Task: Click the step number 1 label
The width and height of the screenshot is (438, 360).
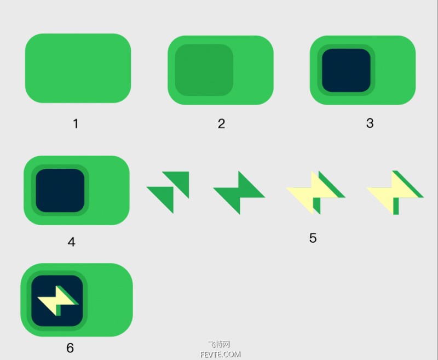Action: click(76, 124)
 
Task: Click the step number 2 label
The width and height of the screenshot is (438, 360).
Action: click(221, 124)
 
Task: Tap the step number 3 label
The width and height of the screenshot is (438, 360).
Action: click(370, 123)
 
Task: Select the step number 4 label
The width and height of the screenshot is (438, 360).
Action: click(72, 242)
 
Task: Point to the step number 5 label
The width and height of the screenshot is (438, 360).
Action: click(313, 238)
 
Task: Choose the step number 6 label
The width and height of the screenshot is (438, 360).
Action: click(70, 348)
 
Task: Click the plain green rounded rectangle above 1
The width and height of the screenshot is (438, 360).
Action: click(78, 68)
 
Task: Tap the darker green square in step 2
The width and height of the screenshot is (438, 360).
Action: click(204, 70)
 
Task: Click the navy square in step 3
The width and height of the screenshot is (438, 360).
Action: click(346, 71)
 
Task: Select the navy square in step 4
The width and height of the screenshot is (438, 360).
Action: click(60, 190)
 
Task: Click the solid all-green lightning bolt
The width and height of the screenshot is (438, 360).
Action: click(239, 193)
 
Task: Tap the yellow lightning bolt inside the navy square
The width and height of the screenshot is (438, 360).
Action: click(57, 301)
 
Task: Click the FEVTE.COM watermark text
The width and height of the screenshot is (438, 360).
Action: click(221, 355)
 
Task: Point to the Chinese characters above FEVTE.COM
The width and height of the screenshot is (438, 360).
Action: click(219, 344)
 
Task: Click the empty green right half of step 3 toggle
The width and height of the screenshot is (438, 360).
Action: click(394, 70)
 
